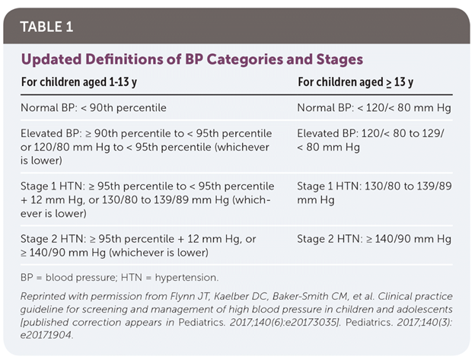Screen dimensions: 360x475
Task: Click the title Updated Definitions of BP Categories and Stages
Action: point(191,59)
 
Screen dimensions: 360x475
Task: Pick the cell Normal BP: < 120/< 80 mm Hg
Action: point(374,107)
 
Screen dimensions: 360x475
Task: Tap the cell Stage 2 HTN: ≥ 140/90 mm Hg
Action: point(374,239)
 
